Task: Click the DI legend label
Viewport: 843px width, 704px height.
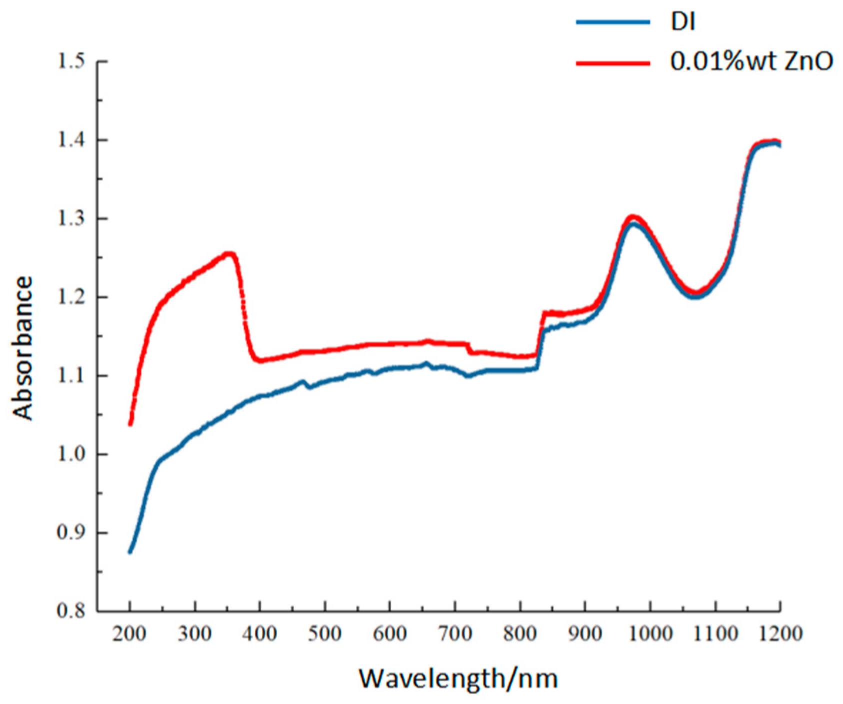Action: pos(683,22)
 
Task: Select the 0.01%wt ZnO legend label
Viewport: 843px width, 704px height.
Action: pos(751,62)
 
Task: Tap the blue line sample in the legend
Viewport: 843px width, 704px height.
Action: pos(613,22)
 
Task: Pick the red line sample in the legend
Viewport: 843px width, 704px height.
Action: pos(613,63)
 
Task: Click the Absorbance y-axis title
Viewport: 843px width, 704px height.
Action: pos(23,348)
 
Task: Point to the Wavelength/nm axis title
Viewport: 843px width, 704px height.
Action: pos(458,678)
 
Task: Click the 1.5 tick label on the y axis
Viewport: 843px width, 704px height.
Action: pos(71,61)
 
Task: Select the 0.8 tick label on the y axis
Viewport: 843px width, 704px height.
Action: pos(71,611)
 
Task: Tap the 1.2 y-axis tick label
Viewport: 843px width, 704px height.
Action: pos(71,297)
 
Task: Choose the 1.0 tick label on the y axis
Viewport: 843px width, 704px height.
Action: pos(71,454)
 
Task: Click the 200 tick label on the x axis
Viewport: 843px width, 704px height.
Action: pos(130,633)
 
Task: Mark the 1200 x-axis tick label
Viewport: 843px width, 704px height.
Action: pos(780,633)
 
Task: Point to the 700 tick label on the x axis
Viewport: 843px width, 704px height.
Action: pos(455,633)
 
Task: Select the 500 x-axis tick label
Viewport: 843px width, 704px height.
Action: pos(325,633)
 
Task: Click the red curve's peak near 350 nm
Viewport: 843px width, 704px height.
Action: pos(228,253)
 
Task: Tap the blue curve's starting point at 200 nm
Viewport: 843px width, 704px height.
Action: pos(130,551)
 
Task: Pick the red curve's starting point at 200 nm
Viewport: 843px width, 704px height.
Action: pos(130,424)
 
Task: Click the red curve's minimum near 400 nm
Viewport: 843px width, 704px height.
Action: pos(260,360)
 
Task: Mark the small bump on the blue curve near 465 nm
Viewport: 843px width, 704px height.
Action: pos(302,381)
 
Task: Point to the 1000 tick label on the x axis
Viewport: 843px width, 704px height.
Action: pos(650,633)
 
